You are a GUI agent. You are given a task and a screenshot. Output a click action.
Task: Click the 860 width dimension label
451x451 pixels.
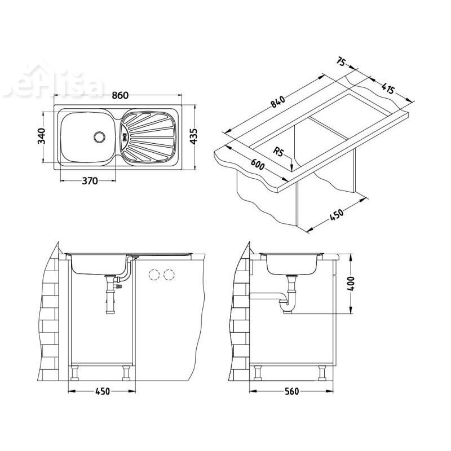pos(118,96)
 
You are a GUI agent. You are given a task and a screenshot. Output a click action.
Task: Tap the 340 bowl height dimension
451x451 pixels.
pos(41,136)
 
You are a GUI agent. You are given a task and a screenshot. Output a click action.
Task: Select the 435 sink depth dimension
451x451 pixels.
pos(193,136)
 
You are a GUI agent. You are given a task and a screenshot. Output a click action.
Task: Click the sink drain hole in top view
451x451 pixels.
pos(100,136)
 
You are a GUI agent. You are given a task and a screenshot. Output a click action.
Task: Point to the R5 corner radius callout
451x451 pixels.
pos(278,151)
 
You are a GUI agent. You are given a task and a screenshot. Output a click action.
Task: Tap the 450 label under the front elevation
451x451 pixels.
pos(102,391)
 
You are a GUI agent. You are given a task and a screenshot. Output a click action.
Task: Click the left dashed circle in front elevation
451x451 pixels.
pos(152,275)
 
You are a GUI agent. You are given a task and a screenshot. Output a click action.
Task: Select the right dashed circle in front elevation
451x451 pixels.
pos(167,275)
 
